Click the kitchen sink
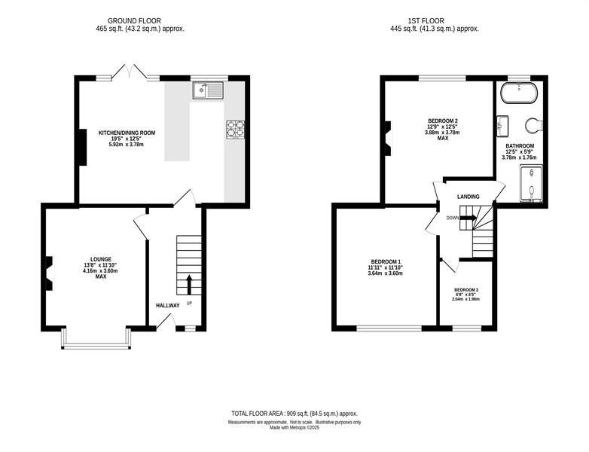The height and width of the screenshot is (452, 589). click(x=209, y=90)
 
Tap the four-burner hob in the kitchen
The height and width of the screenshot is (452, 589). click(x=235, y=130)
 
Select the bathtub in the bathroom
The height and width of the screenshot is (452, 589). click(x=520, y=93)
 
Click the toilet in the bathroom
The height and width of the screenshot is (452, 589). click(x=534, y=126)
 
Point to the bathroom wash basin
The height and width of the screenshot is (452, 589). click(x=502, y=126)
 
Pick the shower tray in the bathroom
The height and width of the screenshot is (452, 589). click(x=531, y=183)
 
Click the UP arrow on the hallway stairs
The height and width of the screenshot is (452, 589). click(x=189, y=285)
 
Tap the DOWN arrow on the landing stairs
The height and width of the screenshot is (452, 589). click(x=468, y=218)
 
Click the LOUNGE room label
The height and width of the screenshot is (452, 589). click(x=101, y=259)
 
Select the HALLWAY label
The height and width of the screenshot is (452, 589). click(x=167, y=305)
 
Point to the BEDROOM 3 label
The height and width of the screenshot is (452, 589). click(x=465, y=290)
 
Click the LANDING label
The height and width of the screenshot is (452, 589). click(x=468, y=197)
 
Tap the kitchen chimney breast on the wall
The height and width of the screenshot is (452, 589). click(x=82, y=147)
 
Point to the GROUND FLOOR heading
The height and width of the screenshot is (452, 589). click(x=134, y=21)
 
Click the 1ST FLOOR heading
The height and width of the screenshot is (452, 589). click(x=426, y=21)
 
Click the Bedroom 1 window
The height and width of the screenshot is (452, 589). click(x=389, y=328)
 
